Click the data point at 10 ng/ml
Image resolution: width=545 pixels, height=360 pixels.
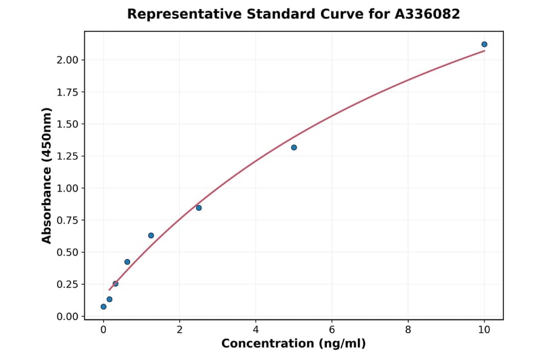click(x=484, y=44)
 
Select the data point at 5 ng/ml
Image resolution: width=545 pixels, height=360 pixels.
click(x=294, y=147)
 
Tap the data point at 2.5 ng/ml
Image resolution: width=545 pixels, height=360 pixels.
click(x=199, y=208)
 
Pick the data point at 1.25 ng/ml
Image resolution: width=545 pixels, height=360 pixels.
click(x=151, y=235)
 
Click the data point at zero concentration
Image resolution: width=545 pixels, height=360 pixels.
click(x=104, y=307)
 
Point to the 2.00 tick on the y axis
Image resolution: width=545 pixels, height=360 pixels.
click(x=68, y=60)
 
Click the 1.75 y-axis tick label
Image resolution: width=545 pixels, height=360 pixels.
click(x=68, y=92)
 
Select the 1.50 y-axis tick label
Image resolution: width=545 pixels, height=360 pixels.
click(x=68, y=124)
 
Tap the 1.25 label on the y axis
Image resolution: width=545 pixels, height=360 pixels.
click(x=68, y=156)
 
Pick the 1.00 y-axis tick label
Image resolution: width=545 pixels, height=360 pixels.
click(x=68, y=188)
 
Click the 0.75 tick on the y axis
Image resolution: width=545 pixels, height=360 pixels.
click(x=68, y=221)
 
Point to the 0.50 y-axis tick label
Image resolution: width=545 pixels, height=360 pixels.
click(x=68, y=253)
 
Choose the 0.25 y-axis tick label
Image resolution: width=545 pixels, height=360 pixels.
click(x=68, y=284)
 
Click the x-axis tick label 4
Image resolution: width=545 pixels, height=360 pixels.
click(x=256, y=330)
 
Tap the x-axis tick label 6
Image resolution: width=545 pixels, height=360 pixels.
click(x=332, y=330)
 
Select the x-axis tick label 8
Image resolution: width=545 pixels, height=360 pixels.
click(x=408, y=330)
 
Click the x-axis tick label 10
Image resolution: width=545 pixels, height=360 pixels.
click(x=484, y=330)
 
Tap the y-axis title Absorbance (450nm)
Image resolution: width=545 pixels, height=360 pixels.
click(x=47, y=175)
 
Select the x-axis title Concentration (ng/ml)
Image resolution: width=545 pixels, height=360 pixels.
click(x=294, y=344)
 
